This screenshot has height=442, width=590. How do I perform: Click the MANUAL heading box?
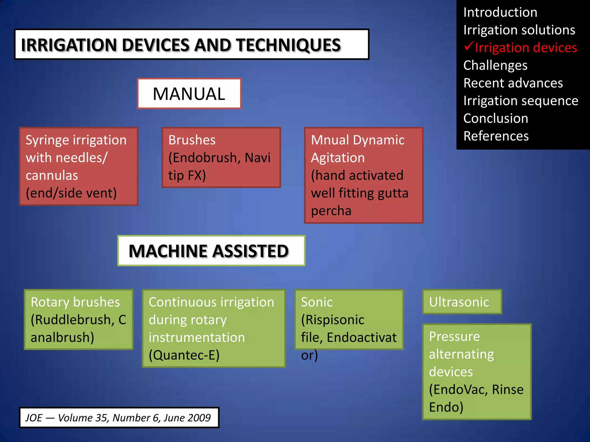(189, 94)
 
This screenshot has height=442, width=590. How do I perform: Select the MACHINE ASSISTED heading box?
(211, 251)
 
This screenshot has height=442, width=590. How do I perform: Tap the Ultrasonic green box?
(462, 302)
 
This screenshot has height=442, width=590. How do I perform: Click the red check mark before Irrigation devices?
(469, 46)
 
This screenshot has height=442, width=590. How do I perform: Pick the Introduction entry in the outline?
(500, 12)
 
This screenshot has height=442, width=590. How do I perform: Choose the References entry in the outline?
(496, 136)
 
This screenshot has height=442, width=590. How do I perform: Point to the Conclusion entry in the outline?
(496, 119)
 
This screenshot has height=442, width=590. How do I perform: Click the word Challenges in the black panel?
(495, 65)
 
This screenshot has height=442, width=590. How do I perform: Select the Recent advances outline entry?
(513, 83)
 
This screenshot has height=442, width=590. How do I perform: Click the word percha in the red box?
(331, 211)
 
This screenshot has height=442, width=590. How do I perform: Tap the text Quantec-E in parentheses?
(184, 355)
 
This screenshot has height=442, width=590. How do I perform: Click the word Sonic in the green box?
(317, 302)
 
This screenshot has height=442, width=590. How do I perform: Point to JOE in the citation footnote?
(34, 418)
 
